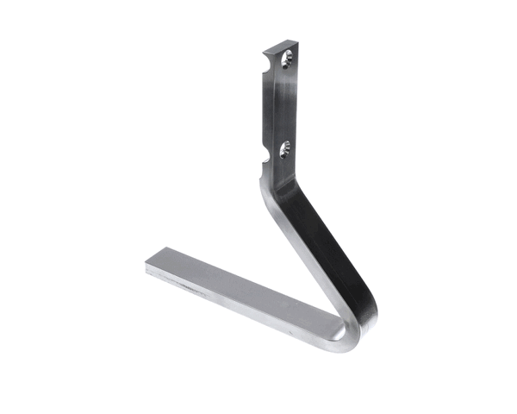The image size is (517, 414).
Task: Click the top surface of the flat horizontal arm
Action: coord(241,293)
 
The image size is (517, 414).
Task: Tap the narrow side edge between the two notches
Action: coord(261,108)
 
